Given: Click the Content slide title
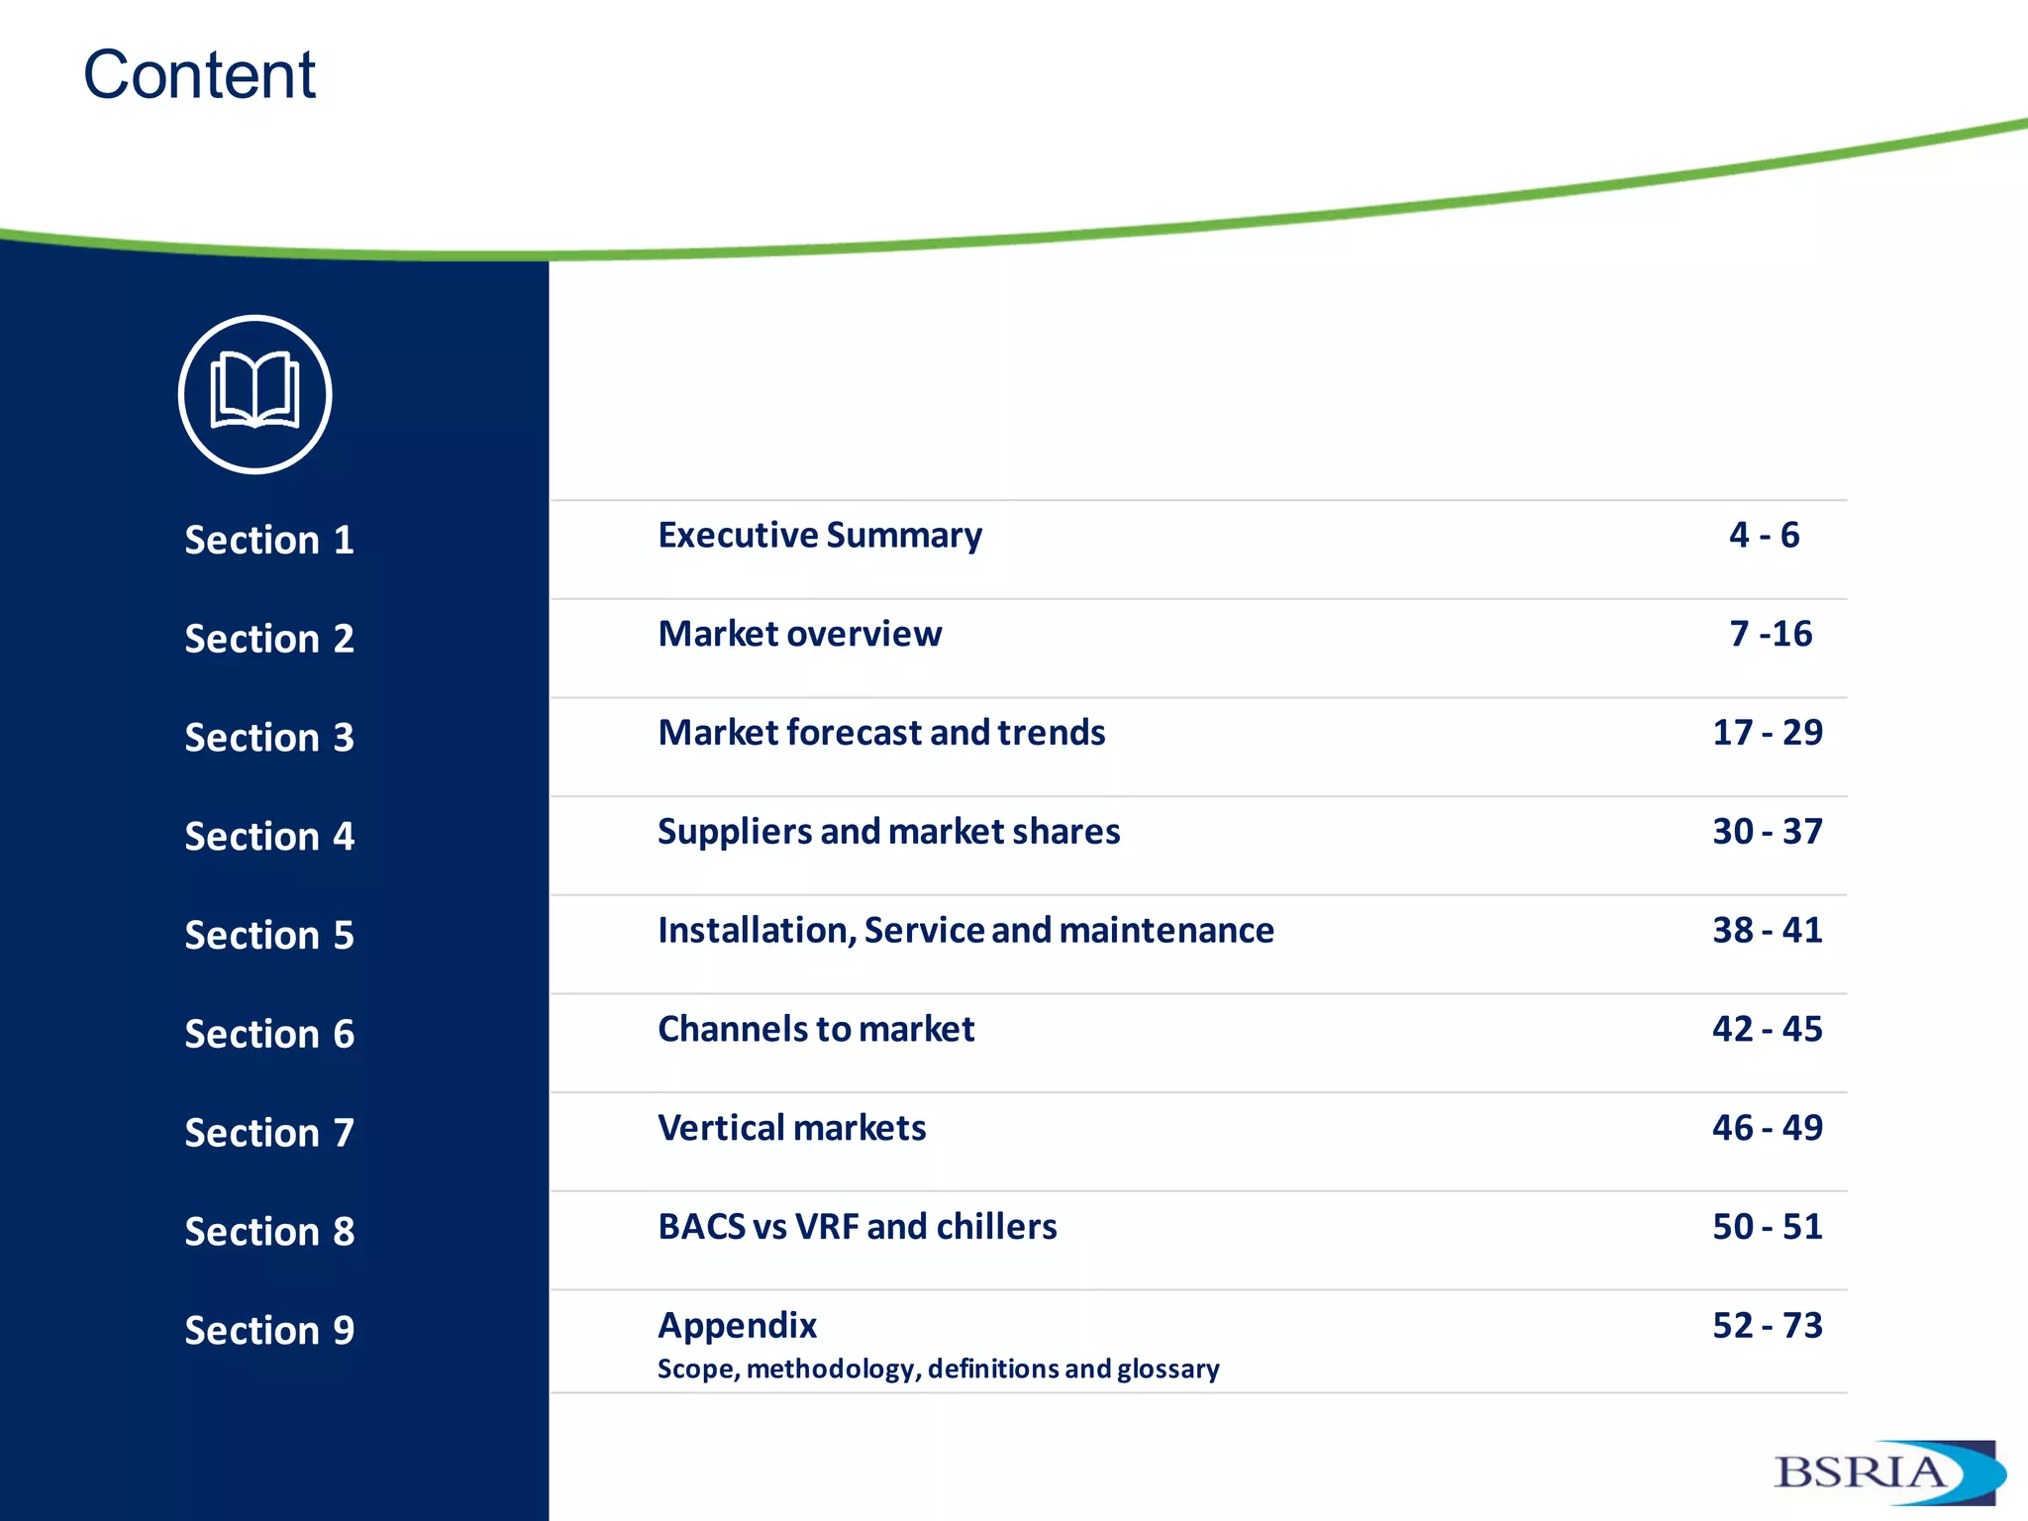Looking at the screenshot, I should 199,75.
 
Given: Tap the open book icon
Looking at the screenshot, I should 254,394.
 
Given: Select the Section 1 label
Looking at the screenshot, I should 269,541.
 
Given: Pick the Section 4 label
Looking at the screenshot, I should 269,837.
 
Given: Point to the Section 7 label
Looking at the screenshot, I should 269,1133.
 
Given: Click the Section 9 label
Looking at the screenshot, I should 269,1330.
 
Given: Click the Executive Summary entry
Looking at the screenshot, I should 820,536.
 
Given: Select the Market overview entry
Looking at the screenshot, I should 800,634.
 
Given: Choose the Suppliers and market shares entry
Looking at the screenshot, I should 888,832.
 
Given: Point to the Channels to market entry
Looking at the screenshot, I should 816,1030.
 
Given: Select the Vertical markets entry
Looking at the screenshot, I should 792,1128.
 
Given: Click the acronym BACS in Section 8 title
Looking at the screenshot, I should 701,1227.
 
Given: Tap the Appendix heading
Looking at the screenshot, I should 738,1325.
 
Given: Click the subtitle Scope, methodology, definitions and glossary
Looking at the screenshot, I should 938,1369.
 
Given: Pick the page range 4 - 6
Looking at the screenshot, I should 1765,536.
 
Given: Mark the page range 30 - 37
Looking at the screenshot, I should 1768,832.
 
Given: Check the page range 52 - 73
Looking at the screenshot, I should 1768,1326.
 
